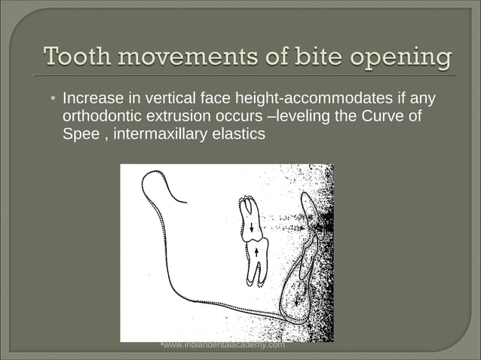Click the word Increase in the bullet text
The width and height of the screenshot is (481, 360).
tap(91, 99)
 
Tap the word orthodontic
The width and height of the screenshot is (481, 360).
tap(100, 117)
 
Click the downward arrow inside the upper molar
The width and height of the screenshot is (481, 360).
tap(251, 227)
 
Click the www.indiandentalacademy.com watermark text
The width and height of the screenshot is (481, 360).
tap(224, 345)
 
